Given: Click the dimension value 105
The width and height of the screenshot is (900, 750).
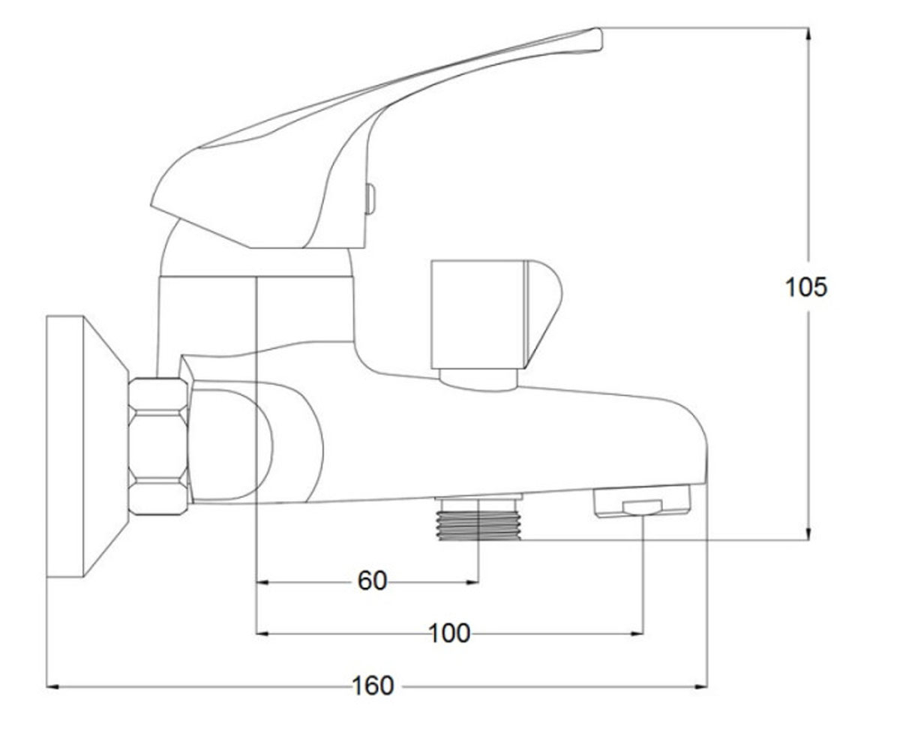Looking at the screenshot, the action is (x=805, y=287).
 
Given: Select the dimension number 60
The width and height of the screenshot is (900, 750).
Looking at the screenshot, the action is (x=373, y=580).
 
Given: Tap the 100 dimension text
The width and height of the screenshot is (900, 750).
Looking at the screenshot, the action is (x=449, y=634).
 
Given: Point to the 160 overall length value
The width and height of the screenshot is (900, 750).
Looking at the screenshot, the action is (x=373, y=685).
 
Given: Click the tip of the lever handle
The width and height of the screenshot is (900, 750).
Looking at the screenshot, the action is (x=599, y=38).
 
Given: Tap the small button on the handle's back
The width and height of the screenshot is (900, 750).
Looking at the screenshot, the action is (x=370, y=199).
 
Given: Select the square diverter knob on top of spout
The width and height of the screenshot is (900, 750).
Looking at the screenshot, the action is (x=496, y=314).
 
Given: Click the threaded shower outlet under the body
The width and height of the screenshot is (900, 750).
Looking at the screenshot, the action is (x=478, y=517).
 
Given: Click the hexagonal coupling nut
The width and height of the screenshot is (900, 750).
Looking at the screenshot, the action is (x=158, y=446).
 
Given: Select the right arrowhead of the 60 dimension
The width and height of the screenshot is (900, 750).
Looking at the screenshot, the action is (x=472, y=582).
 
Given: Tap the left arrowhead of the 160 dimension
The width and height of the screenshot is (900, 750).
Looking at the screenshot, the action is (x=52, y=686).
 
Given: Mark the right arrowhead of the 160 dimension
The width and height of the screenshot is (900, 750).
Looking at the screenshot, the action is (x=700, y=686).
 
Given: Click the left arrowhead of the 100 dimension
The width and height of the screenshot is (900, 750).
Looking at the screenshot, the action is (x=262, y=634).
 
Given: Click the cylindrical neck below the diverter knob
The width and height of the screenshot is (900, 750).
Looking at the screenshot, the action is (x=478, y=379).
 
